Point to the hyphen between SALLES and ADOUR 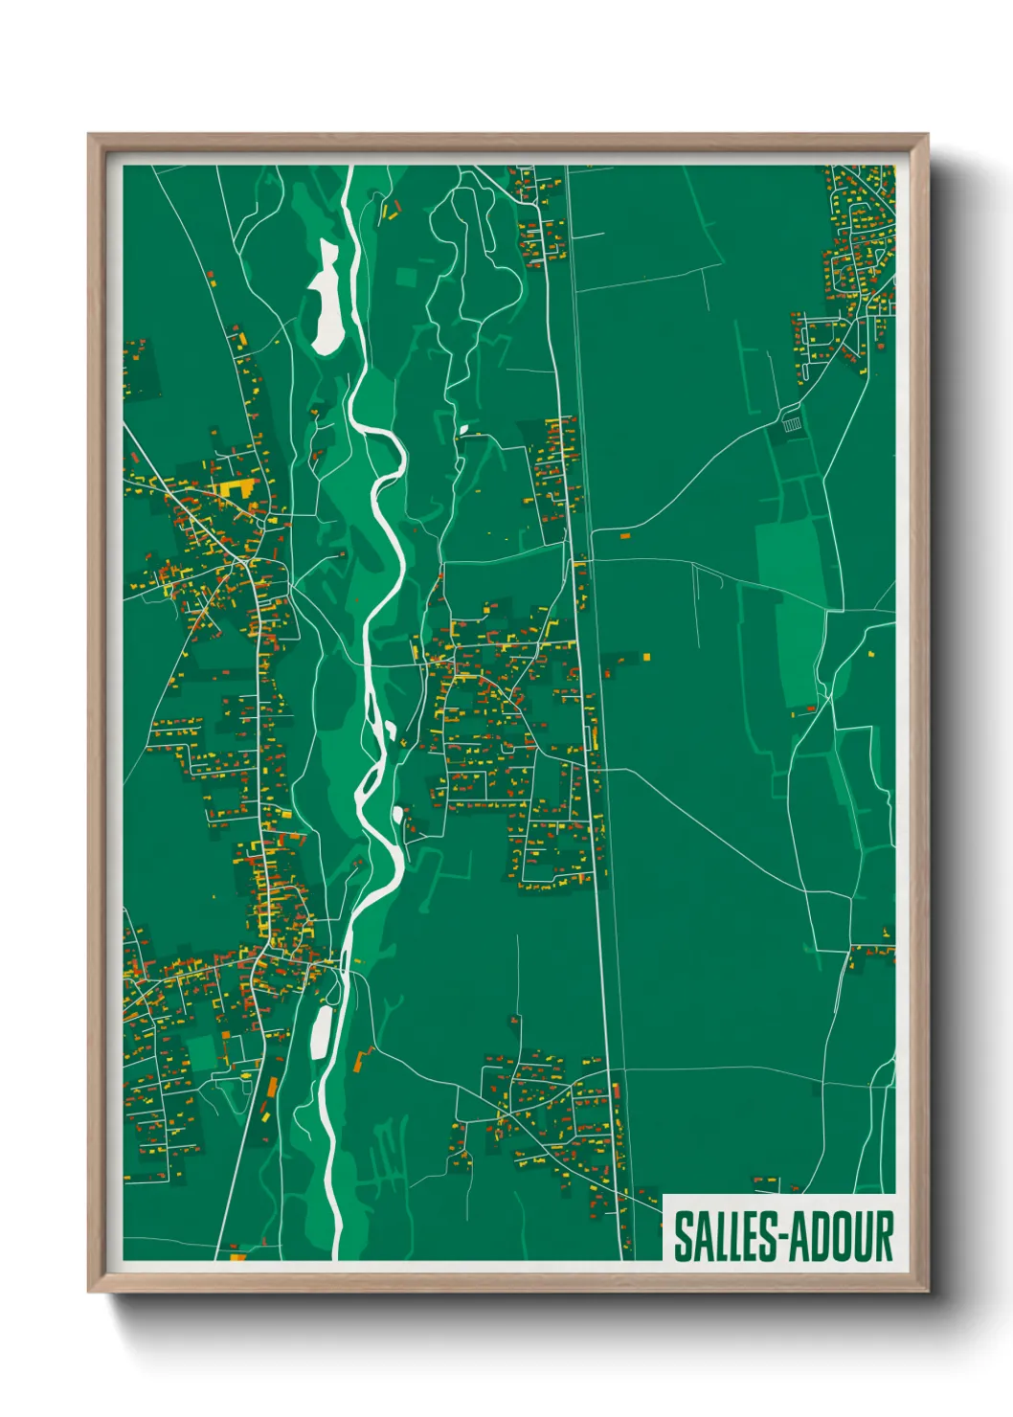[778, 1238]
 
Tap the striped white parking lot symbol [792, 421]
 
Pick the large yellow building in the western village [234, 488]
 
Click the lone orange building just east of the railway [625, 536]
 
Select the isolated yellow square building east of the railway [647, 657]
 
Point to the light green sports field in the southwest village [202, 1052]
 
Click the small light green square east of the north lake [407, 277]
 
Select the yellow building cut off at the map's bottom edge [237, 1255]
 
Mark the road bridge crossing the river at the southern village [342, 964]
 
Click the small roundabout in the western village [247, 564]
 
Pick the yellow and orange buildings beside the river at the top [390, 209]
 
